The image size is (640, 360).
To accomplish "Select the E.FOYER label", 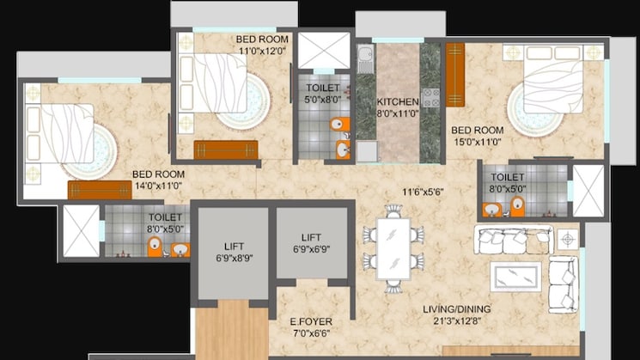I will pos(310,323).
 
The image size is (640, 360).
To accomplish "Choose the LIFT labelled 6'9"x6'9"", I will pos(310,242).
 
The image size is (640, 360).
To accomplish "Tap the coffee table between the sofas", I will pos(515,276).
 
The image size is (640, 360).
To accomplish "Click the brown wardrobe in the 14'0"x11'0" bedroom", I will pos(100,190).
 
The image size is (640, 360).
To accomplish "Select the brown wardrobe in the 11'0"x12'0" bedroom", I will pos(226,149).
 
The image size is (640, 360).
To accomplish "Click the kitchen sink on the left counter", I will pos(365,60).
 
